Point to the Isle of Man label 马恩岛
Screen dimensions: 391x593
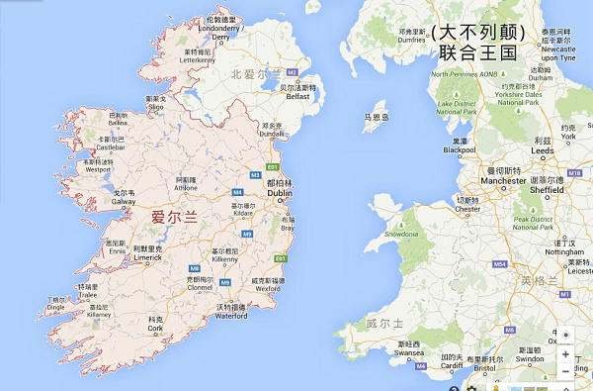(x=376, y=117)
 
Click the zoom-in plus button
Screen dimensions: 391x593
(x=564, y=352)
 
